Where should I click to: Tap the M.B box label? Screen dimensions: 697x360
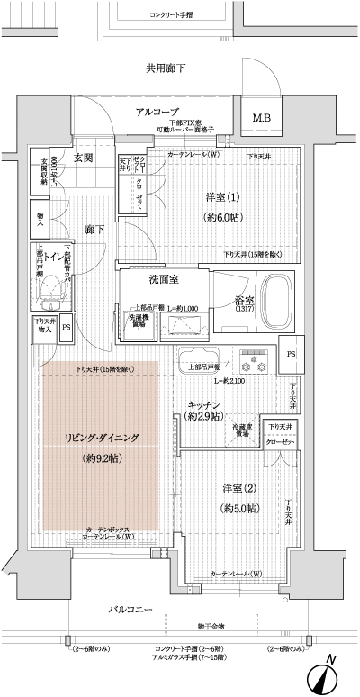coord(261,118)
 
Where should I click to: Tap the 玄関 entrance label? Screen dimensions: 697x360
coord(84,158)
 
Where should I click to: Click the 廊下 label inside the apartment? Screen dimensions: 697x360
coord(93,230)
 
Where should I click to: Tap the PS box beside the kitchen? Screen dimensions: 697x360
coord(291,354)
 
